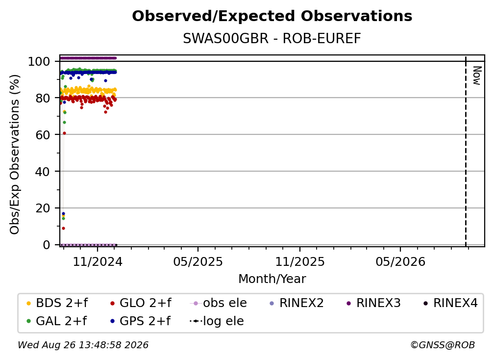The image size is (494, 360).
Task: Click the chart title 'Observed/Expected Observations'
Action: click(x=272, y=16)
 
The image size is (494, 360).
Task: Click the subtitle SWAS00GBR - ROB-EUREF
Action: click(x=272, y=39)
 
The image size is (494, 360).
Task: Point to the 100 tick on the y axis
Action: click(x=39, y=61)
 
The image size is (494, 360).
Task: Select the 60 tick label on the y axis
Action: click(x=43, y=134)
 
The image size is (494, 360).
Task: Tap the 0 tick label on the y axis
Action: click(x=47, y=245)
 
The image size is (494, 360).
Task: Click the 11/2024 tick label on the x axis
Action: click(x=98, y=261)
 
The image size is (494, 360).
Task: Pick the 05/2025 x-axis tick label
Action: click(x=198, y=261)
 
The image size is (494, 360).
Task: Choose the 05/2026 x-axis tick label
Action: click(x=400, y=261)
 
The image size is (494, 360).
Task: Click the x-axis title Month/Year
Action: click(x=272, y=279)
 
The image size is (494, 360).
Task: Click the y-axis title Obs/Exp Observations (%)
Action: click(x=15, y=154)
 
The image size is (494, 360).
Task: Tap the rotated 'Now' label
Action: click(x=477, y=76)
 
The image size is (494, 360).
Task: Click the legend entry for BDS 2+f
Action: click(x=57, y=303)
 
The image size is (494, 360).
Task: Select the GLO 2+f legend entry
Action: click(x=141, y=303)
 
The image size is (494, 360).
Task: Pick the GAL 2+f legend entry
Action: click(x=57, y=321)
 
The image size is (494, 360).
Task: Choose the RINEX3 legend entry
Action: click(x=373, y=303)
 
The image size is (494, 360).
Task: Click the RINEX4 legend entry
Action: click(x=450, y=303)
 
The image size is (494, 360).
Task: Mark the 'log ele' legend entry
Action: click(x=217, y=321)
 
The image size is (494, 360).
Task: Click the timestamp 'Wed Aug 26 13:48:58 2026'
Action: click(x=83, y=345)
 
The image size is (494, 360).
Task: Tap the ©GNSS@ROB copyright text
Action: click(x=443, y=345)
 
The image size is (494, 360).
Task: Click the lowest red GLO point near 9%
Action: click(x=63, y=228)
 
